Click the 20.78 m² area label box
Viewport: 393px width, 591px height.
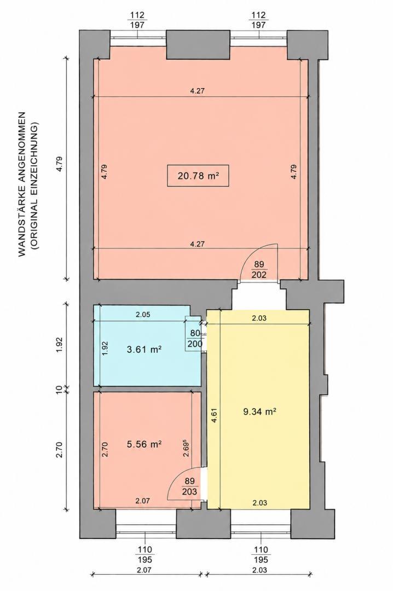[198, 176]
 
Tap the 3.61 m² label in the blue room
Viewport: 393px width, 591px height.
[145, 349]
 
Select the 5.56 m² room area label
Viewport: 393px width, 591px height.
[145, 444]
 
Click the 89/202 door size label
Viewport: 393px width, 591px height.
[259, 269]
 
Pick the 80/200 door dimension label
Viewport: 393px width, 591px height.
[195, 339]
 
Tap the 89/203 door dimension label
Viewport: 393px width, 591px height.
[190, 486]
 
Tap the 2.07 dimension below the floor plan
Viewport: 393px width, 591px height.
[144, 570]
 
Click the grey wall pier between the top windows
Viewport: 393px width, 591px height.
[198, 44]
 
